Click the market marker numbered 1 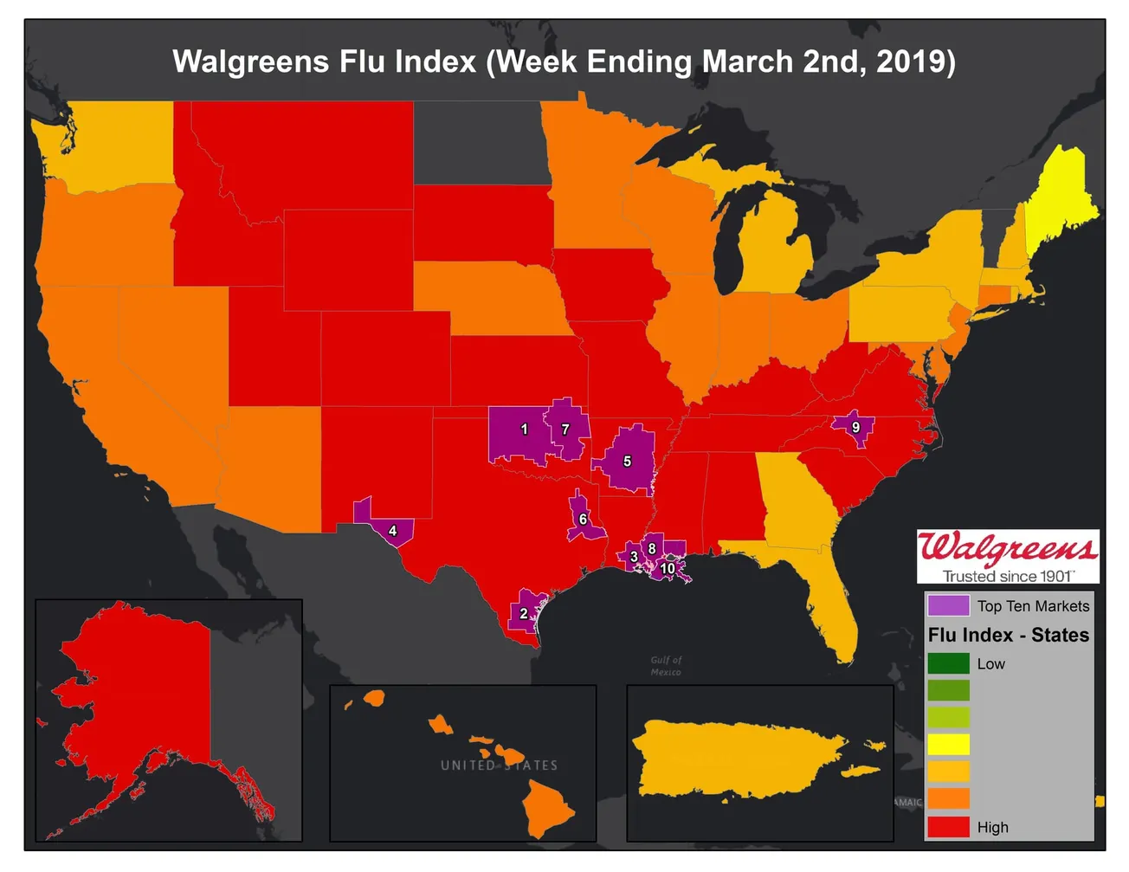[x=523, y=429]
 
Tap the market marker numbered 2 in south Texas [x=523, y=613]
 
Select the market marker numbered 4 [x=392, y=530]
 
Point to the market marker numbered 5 [x=627, y=462]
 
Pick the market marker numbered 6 [x=583, y=520]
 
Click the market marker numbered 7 [x=565, y=429]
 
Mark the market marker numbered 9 [x=855, y=427]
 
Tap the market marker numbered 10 [x=668, y=569]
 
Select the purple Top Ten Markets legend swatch [x=948, y=605]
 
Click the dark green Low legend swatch [x=948, y=664]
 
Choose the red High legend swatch [x=948, y=826]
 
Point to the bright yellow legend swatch [x=948, y=745]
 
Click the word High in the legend [x=992, y=827]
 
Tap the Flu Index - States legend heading [x=1008, y=635]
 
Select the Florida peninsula [x=831, y=597]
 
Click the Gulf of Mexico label [x=666, y=666]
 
